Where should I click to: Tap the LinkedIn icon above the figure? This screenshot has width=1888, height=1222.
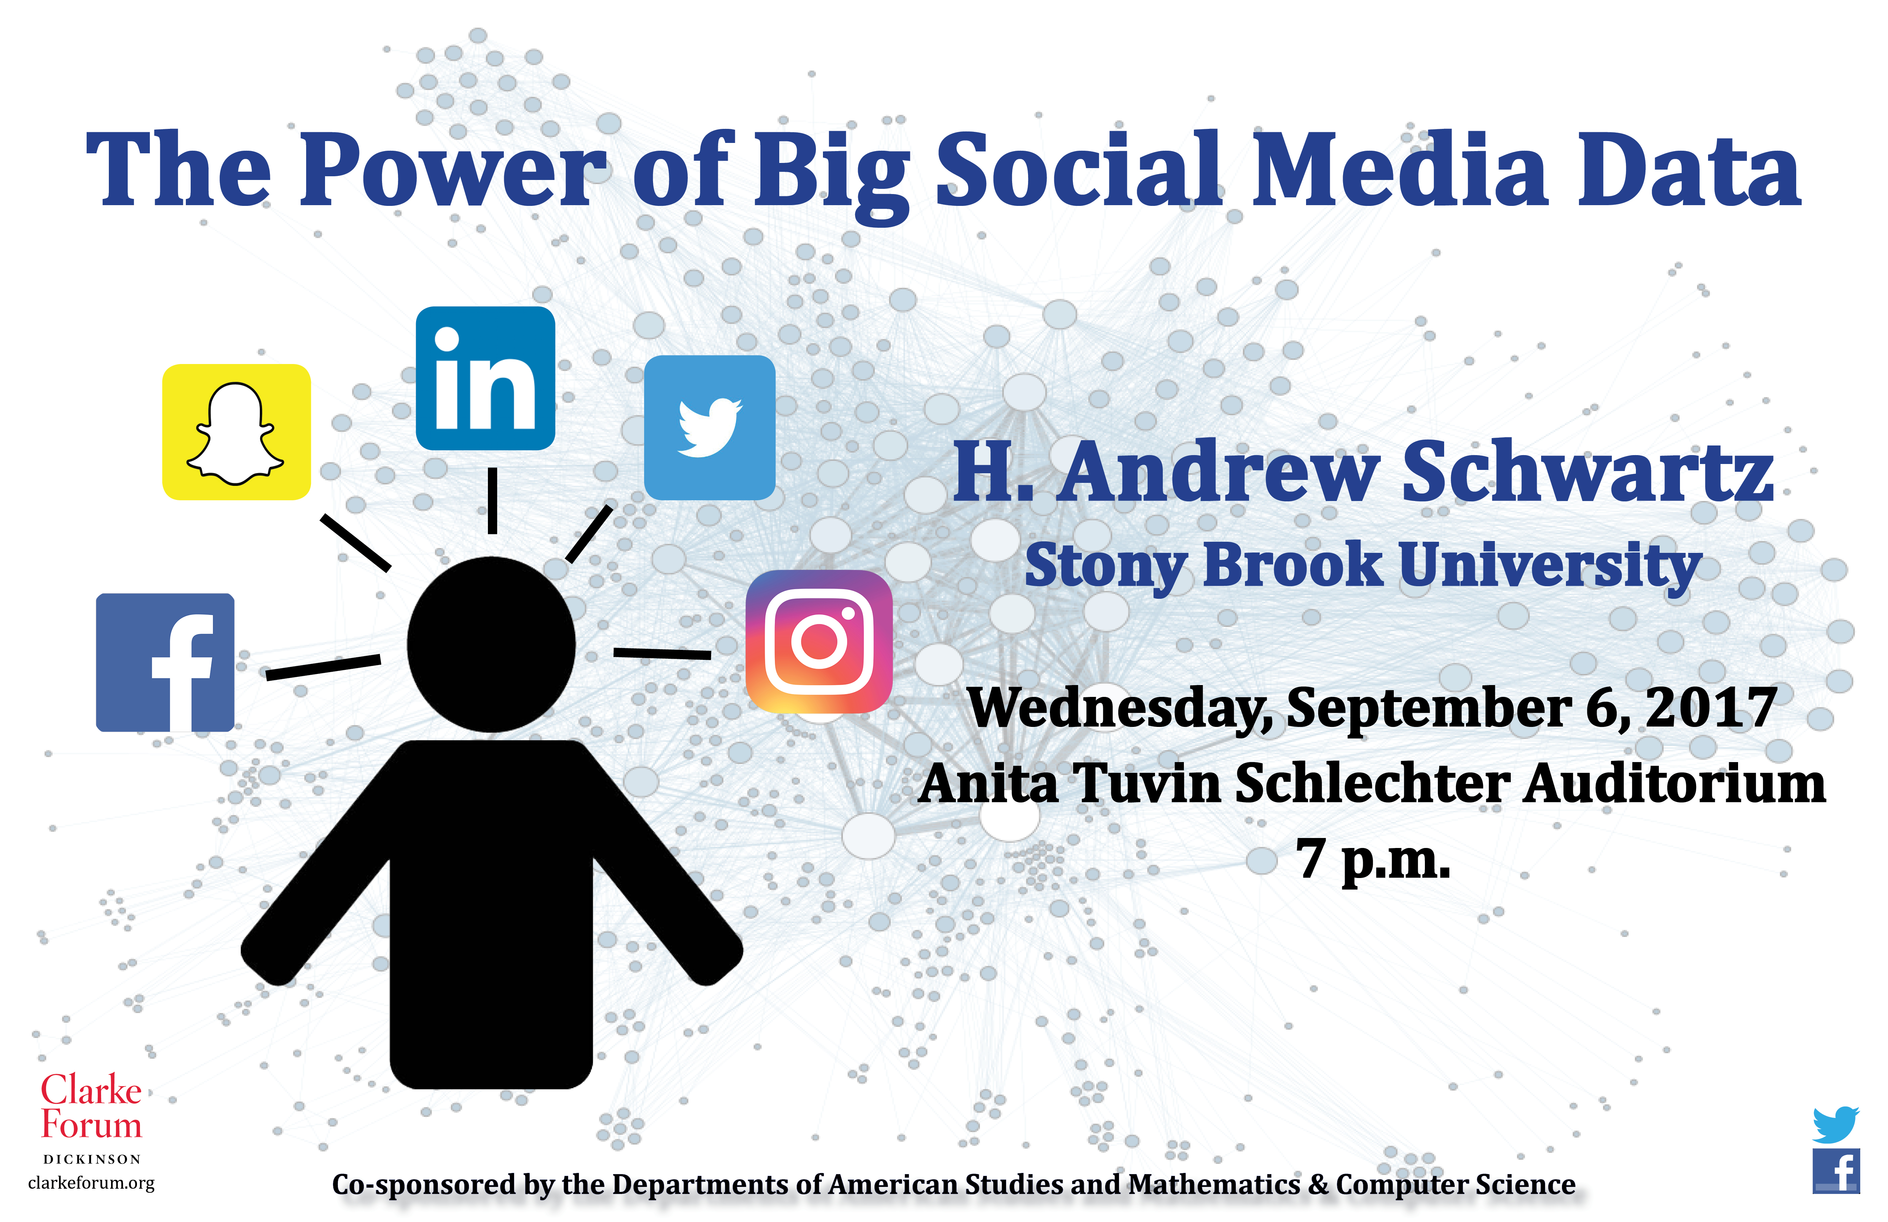tap(485, 378)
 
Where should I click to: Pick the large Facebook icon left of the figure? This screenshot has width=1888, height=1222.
tap(165, 662)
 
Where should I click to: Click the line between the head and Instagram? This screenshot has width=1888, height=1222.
tap(662, 653)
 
